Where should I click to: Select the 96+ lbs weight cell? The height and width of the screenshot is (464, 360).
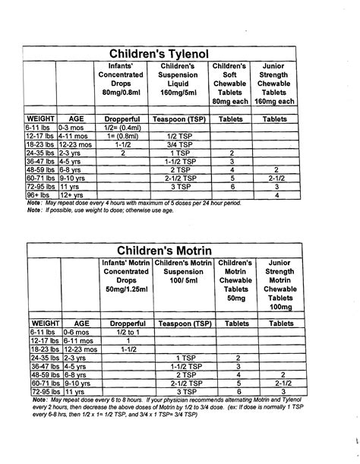(39, 195)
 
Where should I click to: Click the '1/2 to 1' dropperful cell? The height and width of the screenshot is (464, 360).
(122, 332)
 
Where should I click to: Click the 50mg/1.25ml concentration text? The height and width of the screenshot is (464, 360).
(122, 291)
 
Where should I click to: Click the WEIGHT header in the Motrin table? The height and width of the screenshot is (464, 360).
(38, 322)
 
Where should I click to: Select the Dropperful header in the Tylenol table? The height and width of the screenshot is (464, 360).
(122, 120)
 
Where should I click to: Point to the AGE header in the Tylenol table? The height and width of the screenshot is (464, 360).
(74, 120)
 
